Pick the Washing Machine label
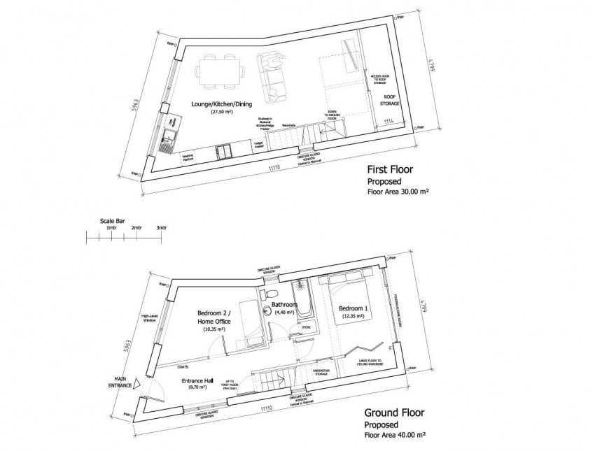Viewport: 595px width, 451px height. (188, 159)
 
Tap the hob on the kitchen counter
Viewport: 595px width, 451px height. (225, 150)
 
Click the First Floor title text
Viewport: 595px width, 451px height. (391, 169)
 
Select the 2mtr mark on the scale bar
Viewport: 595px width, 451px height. (136, 228)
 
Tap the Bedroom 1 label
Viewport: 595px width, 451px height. (356, 308)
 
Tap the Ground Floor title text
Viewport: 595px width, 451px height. (394, 413)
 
